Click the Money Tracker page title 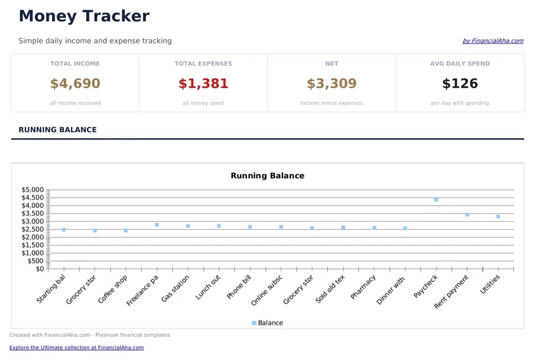[84, 17]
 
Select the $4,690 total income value [75, 84]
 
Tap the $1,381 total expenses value [204, 84]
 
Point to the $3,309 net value [332, 84]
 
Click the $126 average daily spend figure [460, 84]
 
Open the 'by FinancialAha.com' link [493, 41]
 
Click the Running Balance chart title [267, 176]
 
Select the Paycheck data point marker [436, 200]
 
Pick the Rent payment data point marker [467, 214]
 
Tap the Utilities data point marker [498, 216]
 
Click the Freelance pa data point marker [157, 225]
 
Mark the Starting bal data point [63, 230]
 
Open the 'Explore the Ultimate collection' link [76, 348]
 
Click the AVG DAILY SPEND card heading [460, 64]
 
